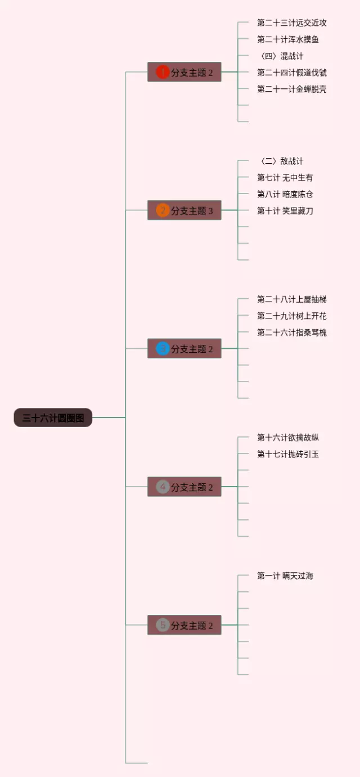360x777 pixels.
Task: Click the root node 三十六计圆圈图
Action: pos(53,417)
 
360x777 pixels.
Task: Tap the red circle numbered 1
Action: pos(163,72)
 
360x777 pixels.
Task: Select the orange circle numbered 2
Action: pos(163,210)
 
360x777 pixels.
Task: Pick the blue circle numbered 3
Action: pos(163,349)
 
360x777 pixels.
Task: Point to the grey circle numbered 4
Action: pos(163,487)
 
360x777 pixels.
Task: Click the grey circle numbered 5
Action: pos(163,625)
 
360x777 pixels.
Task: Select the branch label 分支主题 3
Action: pos(192,211)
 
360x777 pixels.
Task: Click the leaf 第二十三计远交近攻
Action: pos(291,23)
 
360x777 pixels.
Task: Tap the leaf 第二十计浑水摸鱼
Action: pos(288,39)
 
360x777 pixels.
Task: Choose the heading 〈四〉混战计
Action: pos(280,56)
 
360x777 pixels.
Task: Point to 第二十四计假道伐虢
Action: pos(291,73)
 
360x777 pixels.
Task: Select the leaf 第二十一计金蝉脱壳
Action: pos(291,89)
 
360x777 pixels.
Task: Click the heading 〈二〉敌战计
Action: pos(280,161)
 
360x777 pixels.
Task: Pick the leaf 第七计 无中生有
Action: pos(285,178)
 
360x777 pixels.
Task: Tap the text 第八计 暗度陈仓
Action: pos(285,194)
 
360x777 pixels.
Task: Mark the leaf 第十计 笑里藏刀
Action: pos(285,211)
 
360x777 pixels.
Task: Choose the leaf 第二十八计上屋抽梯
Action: pos(291,299)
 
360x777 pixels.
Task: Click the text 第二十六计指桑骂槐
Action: pos(291,333)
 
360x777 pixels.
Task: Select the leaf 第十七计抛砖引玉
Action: pos(288,454)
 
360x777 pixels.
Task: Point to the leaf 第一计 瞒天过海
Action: pos(285,576)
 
